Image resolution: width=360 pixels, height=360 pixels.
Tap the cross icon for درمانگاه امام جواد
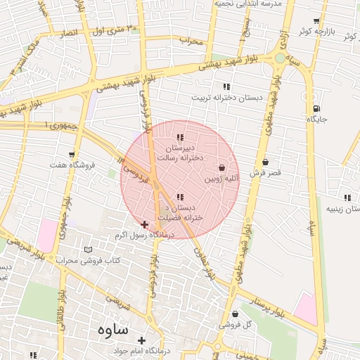(x=141, y=340)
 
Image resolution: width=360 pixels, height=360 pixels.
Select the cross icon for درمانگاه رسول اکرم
(x=145, y=224)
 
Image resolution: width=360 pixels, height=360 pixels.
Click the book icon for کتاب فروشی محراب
(x=88, y=250)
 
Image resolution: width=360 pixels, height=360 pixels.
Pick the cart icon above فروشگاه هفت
(x=72, y=155)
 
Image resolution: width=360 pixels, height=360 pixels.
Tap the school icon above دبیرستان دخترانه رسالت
(x=180, y=137)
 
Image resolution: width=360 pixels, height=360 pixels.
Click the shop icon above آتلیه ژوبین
(x=223, y=168)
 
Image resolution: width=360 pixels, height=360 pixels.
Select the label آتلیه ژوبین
(x=223, y=179)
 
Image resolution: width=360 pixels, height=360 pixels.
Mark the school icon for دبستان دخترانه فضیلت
(x=180, y=197)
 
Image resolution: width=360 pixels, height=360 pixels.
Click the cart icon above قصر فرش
(x=265, y=162)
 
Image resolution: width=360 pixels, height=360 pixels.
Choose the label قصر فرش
(x=265, y=172)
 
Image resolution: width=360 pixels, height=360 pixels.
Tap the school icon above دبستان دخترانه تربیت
(x=226, y=86)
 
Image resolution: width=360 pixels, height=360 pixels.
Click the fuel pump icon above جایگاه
(x=316, y=108)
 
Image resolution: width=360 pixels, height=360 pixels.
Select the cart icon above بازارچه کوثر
(x=316, y=21)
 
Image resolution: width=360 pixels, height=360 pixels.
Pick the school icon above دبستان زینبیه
(x=346, y=198)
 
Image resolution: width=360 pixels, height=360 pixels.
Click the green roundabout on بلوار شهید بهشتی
(x=281, y=58)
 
